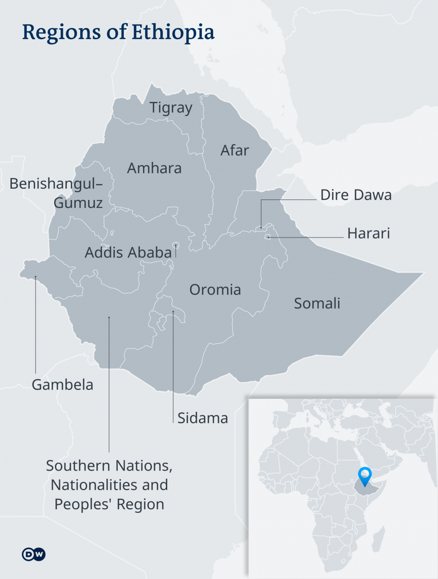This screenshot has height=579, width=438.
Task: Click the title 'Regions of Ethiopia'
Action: coord(118,32)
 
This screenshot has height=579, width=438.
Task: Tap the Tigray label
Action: coord(171,107)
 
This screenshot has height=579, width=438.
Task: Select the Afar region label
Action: coord(235,150)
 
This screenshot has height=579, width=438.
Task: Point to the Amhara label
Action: coord(154,168)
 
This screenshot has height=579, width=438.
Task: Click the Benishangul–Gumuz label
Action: coord(56,193)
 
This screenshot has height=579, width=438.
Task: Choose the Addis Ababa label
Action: coord(128,252)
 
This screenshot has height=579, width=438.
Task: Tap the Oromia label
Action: coord(215,289)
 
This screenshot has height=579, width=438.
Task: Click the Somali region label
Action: coord(317,303)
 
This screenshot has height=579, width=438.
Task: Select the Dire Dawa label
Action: coord(356,195)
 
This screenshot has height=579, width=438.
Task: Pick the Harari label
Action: coord(368,233)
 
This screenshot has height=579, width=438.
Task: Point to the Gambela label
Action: coord(62,385)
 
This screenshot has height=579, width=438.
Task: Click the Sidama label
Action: coord(202,418)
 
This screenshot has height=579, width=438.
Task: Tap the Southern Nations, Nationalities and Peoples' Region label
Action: coord(109,485)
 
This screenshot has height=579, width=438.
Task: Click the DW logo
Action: coord(34,554)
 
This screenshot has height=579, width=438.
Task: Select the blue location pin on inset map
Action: coord(365,475)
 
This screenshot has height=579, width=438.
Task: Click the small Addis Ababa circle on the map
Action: coord(176,245)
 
